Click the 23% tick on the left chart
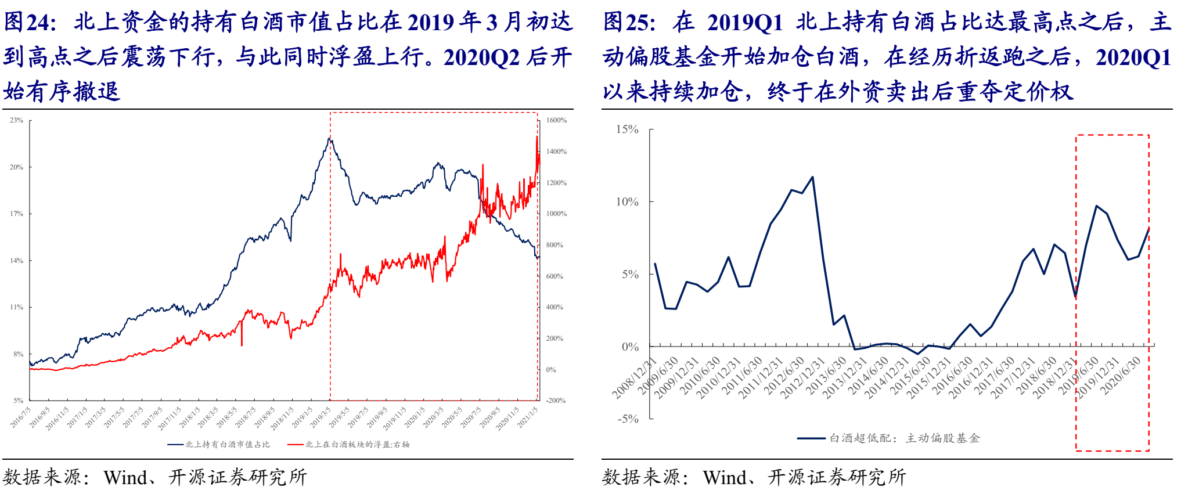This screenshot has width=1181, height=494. point(16,120)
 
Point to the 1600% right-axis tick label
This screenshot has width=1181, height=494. point(556,120)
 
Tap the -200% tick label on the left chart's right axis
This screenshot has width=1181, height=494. point(556,401)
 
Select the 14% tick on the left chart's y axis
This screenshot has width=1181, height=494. point(16,261)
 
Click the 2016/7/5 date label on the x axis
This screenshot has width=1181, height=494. point(21,417)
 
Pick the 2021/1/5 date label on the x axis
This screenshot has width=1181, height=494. point(527,417)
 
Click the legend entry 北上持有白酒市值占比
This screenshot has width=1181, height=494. point(227,445)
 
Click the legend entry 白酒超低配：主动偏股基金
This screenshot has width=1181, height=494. point(904,438)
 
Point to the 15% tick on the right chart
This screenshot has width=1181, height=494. point(627,129)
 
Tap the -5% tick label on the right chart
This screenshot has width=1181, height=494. point(627,419)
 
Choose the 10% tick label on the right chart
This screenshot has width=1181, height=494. point(627,201)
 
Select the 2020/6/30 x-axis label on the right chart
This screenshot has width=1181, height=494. point(1121,376)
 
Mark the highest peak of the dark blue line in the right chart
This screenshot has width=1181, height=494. point(812,177)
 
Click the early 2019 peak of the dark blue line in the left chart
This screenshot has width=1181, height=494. point(329,138)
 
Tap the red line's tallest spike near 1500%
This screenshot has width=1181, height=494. point(537,136)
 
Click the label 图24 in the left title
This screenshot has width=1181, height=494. point(29,22)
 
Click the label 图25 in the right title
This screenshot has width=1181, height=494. point(629,22)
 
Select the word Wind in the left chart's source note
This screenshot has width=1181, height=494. point(125,477)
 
